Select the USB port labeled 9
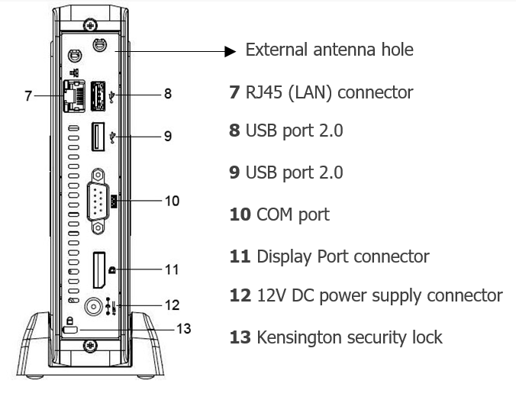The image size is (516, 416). [x=98, y=137]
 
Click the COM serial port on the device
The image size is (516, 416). [x=98, y=201]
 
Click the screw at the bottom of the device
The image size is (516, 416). [x=91, y=346]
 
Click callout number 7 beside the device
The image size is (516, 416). [x=28, y=95]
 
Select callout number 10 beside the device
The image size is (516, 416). [x=172, y=201]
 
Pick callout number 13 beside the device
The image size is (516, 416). [x=183, y=329]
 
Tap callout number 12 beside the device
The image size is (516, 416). [x=172, y=305]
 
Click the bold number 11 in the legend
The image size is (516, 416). [x=240, y=256]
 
